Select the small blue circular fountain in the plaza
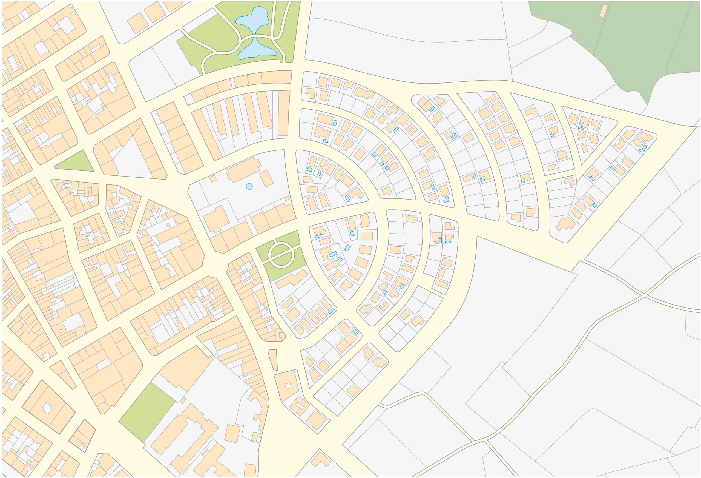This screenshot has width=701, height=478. [x=249, y=186]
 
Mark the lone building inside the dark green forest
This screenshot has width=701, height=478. [x=603, y=11]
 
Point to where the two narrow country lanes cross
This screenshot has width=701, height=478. [x=644, y=294]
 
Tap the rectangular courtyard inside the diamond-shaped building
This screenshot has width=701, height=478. [x=300, y=406]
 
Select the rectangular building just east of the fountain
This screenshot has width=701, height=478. [x=266, y=178]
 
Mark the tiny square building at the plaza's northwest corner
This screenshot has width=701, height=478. [x=213, y=178]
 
